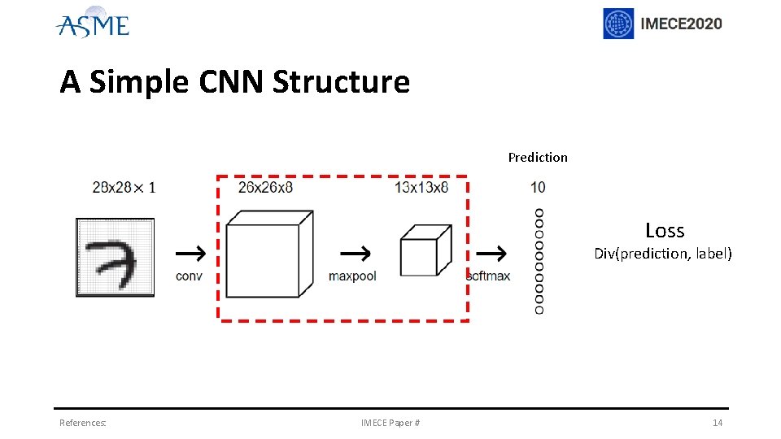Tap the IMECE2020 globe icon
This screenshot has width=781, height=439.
pyautogui.click(x=618, y=24)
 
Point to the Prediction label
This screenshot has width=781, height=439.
pyautogui.click(x=538, y=157)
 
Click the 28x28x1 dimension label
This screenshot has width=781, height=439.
pyautogui.click(x=124, y=188)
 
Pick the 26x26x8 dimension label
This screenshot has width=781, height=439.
pyautogui.click(x=265, y=188)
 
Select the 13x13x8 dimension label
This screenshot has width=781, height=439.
pyautogui.click(x=421, y=188)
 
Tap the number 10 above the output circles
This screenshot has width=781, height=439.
pyautogui.click(x=538, y=188)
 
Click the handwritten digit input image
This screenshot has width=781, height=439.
pyautogui.click(x=115, y=258)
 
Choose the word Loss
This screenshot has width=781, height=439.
pyautogui.click(x=665, y=231)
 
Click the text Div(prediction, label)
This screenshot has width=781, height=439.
pyautogui.click(x=663, y=254)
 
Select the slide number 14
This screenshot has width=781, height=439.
pyautogui.click(x=717, y=423)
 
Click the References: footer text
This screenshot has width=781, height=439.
pyautogui.click(x=82, y=423)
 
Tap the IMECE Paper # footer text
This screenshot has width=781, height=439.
pyautogui.click(x=390, y=423)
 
